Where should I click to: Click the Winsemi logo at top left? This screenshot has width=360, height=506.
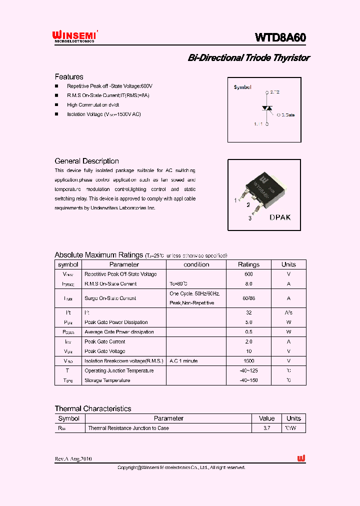[x=75, y=36]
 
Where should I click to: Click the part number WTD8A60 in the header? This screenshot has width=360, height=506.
[x=280, y=37]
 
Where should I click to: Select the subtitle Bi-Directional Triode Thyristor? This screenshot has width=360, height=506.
[x=248, y=58]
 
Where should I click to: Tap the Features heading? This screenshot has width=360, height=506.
[x=69, y=77]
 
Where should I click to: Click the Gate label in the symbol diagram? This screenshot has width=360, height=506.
[x=286, y=115]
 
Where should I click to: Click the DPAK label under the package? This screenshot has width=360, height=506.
[x=280, y=217]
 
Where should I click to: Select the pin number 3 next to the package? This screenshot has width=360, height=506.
[x=250, y=218]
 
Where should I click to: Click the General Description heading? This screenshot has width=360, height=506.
[x=86, y=161]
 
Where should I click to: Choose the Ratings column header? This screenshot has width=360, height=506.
[x=248, y=264]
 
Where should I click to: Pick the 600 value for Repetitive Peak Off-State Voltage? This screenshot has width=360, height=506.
[x=248, y=274]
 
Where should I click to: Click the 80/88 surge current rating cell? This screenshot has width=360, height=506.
[x=248, y=298]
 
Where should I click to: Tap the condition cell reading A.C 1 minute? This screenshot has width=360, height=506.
[x=183, y=361]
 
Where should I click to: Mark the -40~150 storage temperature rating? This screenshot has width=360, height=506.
[x=248, y=380]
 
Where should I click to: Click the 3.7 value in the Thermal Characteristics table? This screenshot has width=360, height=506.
[x=266, y=428]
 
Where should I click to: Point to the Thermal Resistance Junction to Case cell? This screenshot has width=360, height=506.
[x=128, y=428]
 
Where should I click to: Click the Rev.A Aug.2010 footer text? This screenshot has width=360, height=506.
[x=73, y=459]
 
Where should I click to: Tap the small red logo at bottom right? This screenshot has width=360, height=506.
[x=301, y=458]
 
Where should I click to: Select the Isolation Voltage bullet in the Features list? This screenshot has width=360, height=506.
[x=104, y=114]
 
